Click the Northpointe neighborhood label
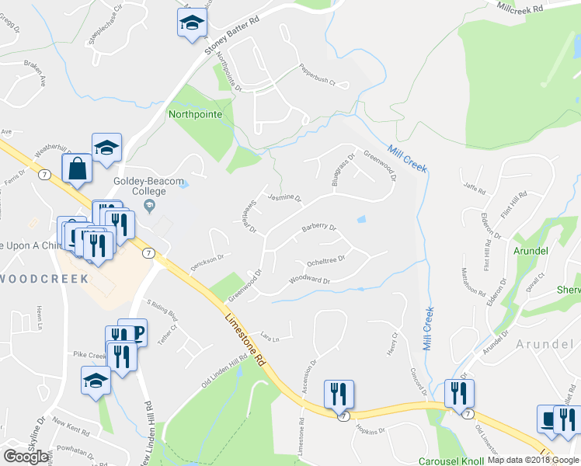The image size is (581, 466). [195, 114]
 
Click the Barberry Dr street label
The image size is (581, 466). [318, 229]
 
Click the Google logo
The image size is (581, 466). [26, 457]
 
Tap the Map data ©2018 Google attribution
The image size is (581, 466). [533, 461]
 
